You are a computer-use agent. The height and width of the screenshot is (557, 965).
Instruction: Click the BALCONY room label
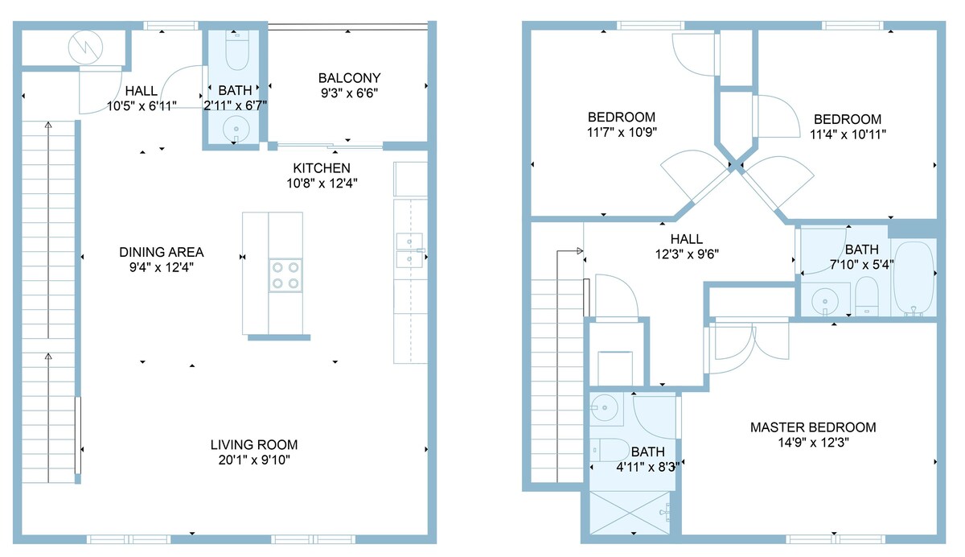click(x=349, y=78)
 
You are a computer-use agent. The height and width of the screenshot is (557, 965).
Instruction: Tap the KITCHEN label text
click(x=322, y=168)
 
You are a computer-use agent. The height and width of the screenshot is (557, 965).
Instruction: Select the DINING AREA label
click(x=161, y=252)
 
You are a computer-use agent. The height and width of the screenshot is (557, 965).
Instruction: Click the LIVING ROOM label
click(x=254, y=445)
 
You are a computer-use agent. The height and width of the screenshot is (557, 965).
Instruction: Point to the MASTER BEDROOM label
click(x=813, y=427)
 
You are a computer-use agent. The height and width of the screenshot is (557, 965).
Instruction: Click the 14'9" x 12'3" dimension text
click(x=813, y=443)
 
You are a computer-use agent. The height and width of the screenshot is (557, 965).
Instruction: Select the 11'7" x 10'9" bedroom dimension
click(x=622, y=132)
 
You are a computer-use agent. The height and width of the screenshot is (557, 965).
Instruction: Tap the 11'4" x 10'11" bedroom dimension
click(x=848, y=134)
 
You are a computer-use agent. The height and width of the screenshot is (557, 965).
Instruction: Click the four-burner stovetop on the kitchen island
click(x=285, y=275)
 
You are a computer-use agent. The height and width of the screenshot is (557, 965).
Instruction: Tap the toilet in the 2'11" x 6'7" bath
click(x=237, y=51)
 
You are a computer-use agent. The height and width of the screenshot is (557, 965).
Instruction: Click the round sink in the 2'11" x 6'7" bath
click(x=236, y=129)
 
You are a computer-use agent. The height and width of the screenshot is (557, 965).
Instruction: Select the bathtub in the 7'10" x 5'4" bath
click(x=913, y=278)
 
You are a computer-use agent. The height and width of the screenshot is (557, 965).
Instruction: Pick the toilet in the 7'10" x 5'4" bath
click(x=866, y=295)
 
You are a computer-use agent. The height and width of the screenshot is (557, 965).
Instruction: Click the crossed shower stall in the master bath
click(x=630, y=513)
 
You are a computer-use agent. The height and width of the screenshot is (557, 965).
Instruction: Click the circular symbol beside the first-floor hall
click(x=85, y=47)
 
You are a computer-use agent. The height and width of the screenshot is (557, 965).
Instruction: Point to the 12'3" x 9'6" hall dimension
click(x=687, y=254)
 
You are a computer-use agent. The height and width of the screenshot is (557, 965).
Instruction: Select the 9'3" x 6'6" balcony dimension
click(x=349, y=93)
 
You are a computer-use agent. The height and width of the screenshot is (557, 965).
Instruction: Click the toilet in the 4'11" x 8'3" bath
click(x=610, y=451)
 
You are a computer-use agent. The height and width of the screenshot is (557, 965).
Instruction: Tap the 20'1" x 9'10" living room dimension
click(x=254, y=460)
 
